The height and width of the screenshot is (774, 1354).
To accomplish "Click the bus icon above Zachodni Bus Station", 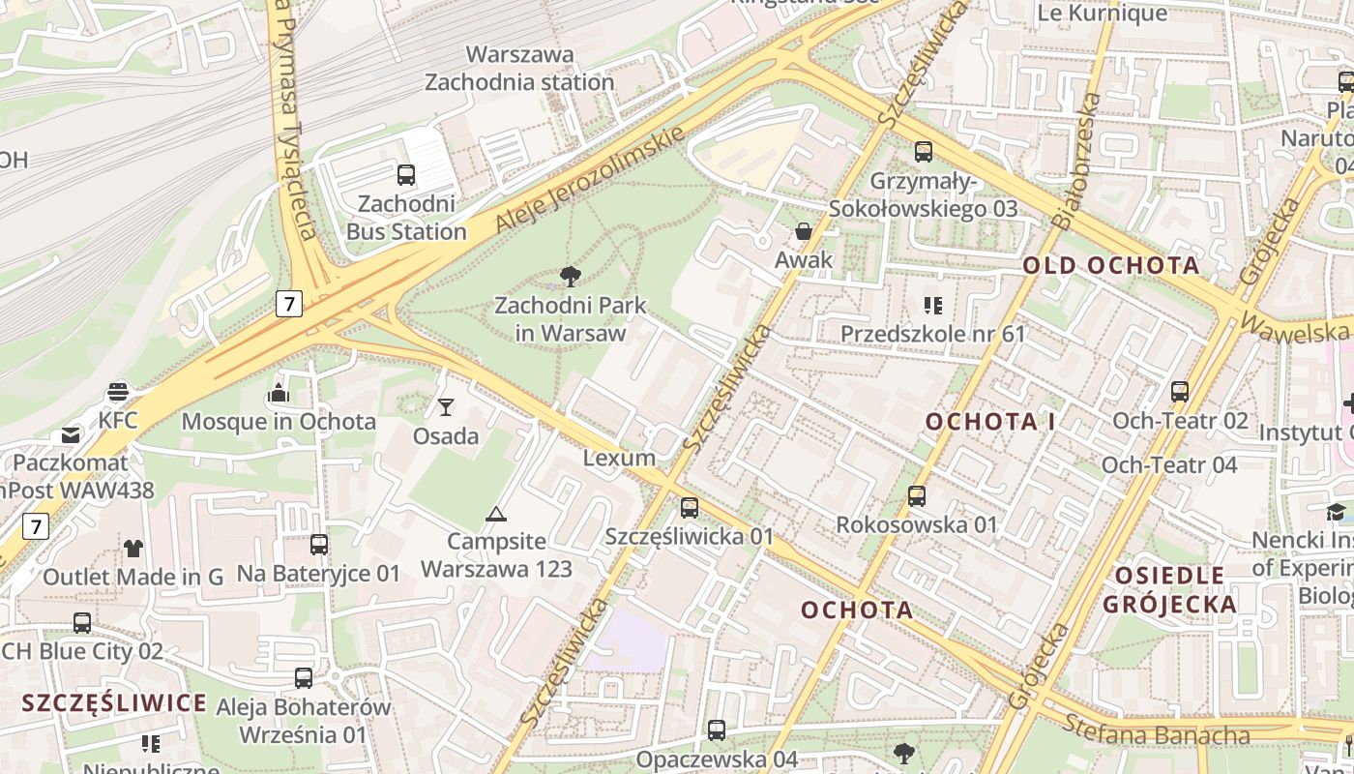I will click(x=406, y=175).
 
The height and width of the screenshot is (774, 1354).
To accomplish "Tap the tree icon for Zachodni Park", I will click(x=571, y=278).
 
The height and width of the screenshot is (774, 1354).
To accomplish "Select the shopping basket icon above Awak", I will click(x=803, y=231).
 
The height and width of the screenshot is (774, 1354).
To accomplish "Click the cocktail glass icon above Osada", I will click(x=446, y=407).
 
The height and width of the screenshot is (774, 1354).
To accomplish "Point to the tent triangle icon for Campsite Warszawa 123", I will click(x=496, y=514).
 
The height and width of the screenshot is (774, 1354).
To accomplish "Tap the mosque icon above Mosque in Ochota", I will click(x=279, y=393).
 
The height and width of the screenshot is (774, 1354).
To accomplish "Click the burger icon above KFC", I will click(x=118, y=392).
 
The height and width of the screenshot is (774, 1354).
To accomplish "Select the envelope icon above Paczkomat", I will click(x=71, y=435).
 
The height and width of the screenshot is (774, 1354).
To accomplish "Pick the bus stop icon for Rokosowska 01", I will click(x=916, y=496).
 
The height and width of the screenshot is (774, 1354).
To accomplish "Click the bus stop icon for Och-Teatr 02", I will click(x=1180, y=392).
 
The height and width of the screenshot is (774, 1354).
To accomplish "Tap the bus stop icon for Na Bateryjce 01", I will click(x=319, y=545).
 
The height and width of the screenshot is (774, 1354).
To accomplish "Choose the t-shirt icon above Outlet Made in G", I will click(x=133, y=549).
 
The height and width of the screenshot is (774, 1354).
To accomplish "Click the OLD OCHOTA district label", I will click(x=1111, y=265).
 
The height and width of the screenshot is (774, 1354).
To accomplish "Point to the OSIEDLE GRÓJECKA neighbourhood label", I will click(x=1171, y=590).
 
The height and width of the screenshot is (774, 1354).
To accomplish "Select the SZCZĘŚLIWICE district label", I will click(x=114, y=702).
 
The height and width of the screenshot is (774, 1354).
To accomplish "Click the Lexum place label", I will click(x=619, y=458).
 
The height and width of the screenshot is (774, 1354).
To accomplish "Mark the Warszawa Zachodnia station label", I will click(x=519, y=68).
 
